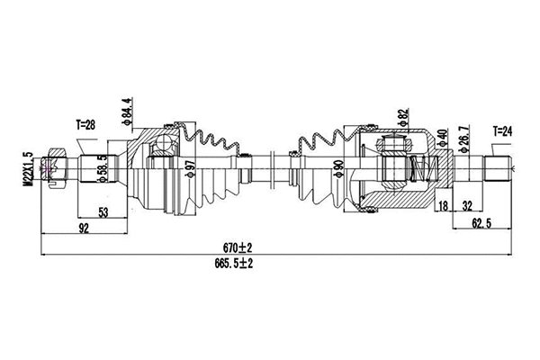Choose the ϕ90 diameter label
click(x=337, y=167)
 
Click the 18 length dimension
click(x=445, y=207)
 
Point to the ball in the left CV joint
click(x=163, y=146)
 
